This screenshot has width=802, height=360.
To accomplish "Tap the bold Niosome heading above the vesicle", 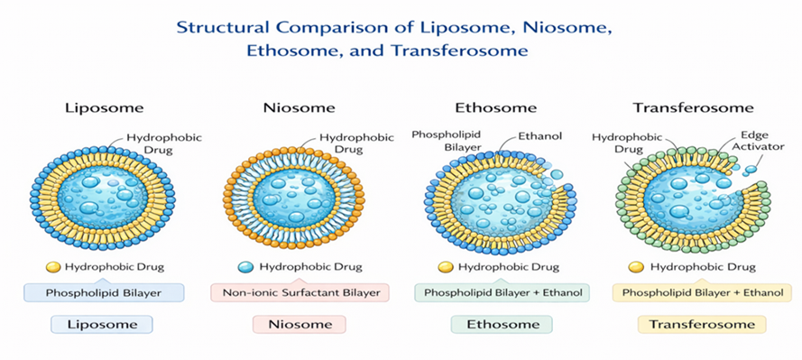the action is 300,108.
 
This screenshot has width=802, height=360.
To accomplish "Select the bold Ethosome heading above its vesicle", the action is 495,108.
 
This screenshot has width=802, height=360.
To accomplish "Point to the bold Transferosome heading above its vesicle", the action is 693,108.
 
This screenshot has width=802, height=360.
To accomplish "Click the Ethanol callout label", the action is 540,136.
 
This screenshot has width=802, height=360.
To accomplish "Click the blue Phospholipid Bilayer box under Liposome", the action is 104,293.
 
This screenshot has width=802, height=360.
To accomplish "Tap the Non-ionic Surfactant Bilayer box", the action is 300,293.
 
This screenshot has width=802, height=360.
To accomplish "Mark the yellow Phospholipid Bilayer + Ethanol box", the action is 702,293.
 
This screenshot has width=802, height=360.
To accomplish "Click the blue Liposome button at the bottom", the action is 102,324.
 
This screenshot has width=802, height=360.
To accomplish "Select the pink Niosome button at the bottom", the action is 300,324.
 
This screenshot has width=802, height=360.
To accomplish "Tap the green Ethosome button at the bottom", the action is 502,324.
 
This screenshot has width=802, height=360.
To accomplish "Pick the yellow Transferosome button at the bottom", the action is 702,324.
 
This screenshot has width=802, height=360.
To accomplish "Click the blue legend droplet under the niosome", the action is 246,267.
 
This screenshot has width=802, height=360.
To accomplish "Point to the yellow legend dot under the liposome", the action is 53,267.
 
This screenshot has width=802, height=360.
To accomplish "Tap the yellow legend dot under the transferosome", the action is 636,267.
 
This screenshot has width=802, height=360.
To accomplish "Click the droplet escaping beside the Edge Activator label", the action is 751,169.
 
